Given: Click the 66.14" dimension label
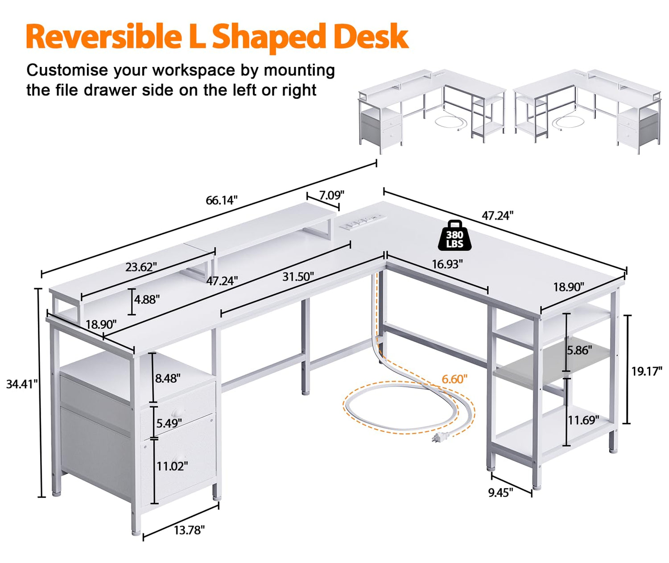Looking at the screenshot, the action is [221, 200].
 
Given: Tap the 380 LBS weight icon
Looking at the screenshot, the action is [454, 236].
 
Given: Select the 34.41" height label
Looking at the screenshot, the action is [22, 384].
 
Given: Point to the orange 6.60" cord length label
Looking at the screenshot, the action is [454, 379].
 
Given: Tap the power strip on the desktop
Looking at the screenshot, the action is [366, 222].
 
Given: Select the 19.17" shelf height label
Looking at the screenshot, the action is [647, 371].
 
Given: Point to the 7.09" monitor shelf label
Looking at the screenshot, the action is [332, 195].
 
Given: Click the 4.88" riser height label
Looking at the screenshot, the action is [147, 299].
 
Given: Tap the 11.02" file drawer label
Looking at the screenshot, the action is [172, 466].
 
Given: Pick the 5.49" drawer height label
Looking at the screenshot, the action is [169, 423].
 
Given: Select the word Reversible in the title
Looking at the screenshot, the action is [104, 36].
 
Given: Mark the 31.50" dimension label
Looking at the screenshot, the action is [298, 277].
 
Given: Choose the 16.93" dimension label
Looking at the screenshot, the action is [447, 264].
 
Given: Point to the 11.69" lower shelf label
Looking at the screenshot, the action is [583, 420].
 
